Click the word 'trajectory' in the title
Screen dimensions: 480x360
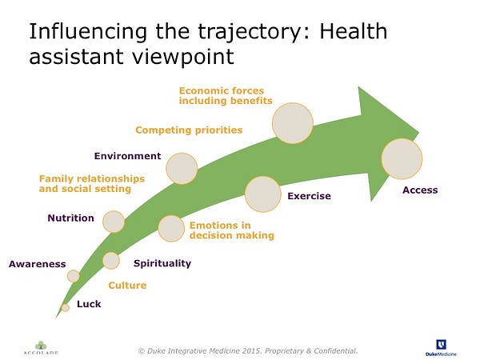click(248, 32)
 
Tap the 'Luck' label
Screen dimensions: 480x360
click(89, 304)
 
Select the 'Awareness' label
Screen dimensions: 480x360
click(38, 264)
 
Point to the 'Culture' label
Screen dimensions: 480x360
click(127, 286)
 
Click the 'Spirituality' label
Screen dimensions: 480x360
click(162, 263)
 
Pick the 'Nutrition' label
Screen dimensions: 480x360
click(70, 218)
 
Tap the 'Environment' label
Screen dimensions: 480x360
click(127, 156)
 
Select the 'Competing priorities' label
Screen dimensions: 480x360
click(189, 130)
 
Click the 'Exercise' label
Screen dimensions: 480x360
click(309, 196)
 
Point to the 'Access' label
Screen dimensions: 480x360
click(420, 190)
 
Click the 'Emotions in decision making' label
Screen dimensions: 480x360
click(232, 230)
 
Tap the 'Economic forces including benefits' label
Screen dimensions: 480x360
click(226, 96)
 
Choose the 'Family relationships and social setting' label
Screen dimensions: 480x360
click(92, 184)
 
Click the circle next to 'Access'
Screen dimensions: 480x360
click(402, 158)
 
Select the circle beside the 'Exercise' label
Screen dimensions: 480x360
click(262, 194)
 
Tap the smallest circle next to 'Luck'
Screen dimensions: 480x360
click(66, 307)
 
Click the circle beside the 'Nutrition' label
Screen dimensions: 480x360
click(114, 222)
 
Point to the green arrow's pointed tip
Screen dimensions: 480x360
click(418, 134)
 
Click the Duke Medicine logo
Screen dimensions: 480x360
click(441, 348)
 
